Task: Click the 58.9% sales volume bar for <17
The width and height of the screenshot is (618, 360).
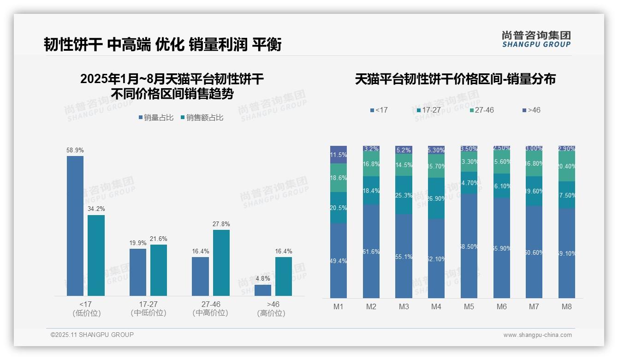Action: pos(75,226)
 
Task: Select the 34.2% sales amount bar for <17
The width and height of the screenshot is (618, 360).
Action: pos(96,255)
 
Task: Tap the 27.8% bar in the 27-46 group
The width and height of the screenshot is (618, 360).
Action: pos(221,263)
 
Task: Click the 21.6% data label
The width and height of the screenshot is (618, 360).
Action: pos(159,239)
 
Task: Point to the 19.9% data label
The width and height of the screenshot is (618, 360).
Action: pos(138,243)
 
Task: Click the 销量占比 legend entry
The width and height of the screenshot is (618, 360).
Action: pos(156,118)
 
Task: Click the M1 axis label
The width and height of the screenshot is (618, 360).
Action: pos(339,306)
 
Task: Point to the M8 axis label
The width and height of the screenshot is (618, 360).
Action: pos(567,306)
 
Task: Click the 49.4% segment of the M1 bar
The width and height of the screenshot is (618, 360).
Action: pos(339,261)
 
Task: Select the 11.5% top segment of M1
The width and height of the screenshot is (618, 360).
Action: pos(339,155)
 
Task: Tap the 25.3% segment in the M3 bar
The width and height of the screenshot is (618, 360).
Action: pos(404,195)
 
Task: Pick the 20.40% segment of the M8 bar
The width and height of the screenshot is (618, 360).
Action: pos(567,166)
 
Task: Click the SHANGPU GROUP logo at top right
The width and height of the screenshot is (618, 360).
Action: pos(536,39)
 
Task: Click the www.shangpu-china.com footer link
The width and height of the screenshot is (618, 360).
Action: pos(537,335)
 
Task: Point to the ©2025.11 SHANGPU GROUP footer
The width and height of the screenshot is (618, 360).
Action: pos(92,335)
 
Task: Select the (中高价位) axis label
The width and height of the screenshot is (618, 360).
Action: pos(211,313)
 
